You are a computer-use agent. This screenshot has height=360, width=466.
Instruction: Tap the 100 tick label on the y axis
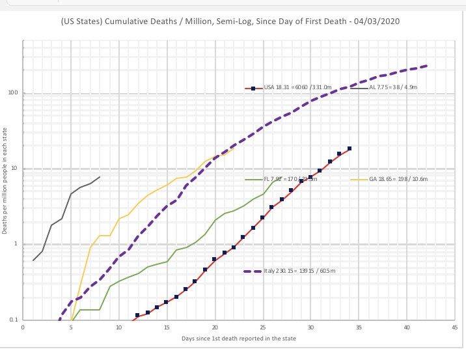click(12, 93)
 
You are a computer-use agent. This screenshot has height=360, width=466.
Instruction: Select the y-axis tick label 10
click(14, 169)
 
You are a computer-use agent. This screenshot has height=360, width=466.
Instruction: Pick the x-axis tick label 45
click(454, 327)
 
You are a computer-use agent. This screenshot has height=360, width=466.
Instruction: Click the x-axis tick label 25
click(262, 327)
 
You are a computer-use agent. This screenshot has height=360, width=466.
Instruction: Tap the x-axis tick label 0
click(23, 327)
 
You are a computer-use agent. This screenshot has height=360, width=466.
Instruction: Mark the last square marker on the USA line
click(349, 148)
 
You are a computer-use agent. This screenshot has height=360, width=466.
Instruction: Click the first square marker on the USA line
click(137, 316)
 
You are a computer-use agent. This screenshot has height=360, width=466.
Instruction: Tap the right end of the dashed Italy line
click(426, 66)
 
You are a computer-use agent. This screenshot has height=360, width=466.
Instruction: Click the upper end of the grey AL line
click(100, 177)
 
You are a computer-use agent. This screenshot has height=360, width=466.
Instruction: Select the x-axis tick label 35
click(359, 327)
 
